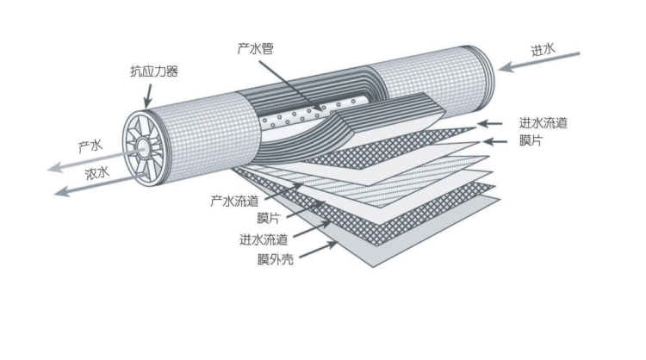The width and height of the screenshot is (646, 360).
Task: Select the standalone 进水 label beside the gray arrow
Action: click(544, 49)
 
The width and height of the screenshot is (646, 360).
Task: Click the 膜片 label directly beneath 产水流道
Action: click(245, 219)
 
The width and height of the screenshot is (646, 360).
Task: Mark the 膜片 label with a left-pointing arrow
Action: click(531, 140)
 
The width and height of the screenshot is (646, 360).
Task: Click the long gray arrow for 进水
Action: click(543, 63)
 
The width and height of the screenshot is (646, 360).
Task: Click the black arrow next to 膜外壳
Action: click(318, 250)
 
